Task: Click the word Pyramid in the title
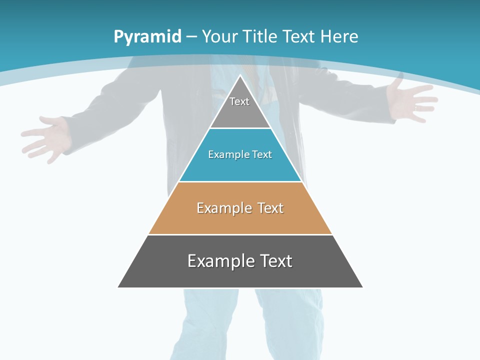coord(147,37)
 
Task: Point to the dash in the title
coord(191,37)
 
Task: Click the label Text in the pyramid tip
coord(239,101)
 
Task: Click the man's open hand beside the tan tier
coord(47,137)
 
